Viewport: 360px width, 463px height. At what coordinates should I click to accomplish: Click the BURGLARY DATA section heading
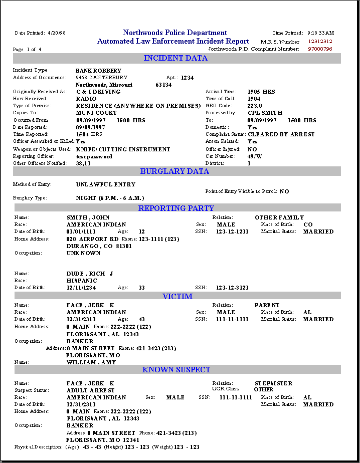(x=174, y=171)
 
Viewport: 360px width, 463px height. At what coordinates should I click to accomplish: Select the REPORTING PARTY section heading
(x=176, y=208)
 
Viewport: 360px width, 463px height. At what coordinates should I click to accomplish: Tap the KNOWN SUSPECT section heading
(x=176, y=370)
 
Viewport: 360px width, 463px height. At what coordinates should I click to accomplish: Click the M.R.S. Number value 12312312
(x=320, y=42)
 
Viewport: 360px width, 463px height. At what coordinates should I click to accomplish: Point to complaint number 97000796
(x=320, y=49)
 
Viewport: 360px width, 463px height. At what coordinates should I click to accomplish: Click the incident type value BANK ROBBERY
(x=98, y=71)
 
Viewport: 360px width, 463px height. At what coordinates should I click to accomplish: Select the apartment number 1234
(x=188, y=78)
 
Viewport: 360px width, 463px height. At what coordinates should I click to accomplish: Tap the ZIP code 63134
(x=163, y=85)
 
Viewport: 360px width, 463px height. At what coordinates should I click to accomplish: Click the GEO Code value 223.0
(x=255, y=106)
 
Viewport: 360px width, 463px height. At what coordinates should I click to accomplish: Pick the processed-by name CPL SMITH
(x=265, y=113)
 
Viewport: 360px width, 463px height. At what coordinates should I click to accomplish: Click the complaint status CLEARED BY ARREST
(x=281, y=134)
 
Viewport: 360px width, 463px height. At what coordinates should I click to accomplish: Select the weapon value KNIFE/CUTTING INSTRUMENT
(x=123, y=149)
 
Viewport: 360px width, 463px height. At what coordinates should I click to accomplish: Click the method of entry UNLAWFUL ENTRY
(x=106, y=184)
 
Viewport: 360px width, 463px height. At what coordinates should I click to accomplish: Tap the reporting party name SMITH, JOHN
(x=88, y=217)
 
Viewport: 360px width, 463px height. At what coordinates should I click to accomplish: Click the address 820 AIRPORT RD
(x=93, y=239)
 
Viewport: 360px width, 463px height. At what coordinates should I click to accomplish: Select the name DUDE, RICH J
(x=90, y=274)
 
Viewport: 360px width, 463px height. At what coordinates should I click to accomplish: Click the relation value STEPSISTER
(x=273, y=383)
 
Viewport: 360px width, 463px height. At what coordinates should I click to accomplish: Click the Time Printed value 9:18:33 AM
(x=320, y=33)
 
